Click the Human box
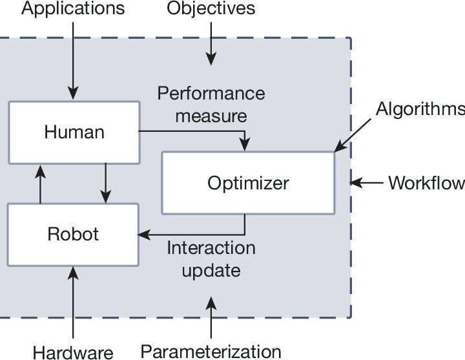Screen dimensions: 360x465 tap(74, 132)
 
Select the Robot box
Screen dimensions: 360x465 tap(73, 233)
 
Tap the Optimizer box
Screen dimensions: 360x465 tap(248, 183)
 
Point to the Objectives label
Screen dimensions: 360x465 tap(211, 9)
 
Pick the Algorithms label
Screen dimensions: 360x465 tap(420, 108)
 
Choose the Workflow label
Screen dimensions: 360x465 tap(426, 183)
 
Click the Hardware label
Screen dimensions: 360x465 tap(73, 352)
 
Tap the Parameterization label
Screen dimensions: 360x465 tap(211, 352)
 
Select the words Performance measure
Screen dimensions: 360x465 tap(211, 104)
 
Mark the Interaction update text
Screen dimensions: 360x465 tap(211, 259)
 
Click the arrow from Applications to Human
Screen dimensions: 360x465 tap(74, 58)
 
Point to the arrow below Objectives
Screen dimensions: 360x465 tap(211, 48)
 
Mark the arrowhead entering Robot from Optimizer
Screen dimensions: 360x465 tap(144, 234)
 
